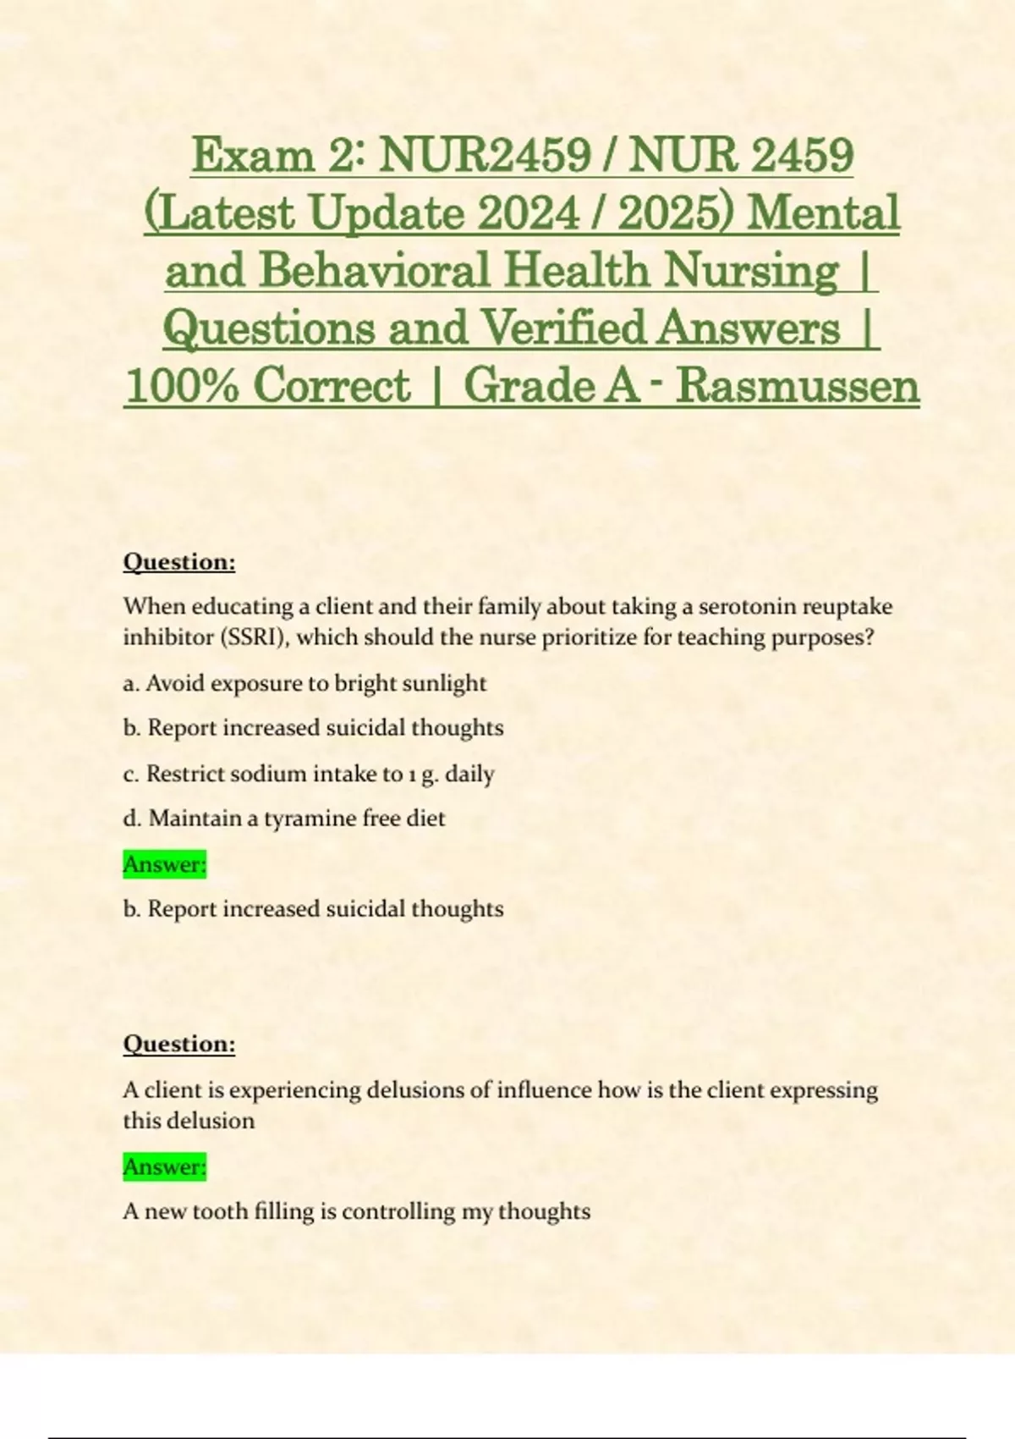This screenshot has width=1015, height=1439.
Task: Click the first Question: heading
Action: click(x=179, y=562)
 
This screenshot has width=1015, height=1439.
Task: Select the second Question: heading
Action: click(x=179, y=1044)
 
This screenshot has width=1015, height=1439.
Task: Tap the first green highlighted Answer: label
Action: click(x=165, y=864)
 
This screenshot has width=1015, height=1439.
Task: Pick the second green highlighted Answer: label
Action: click(x=165, y=1166)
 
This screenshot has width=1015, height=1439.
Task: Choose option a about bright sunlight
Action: click(x=304, y=683)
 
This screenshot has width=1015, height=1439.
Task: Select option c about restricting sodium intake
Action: click(x=309, y=774)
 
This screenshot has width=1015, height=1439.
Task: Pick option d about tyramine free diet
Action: click(x=284, y=819)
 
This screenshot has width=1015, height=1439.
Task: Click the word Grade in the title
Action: click(x=529, y=386)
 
